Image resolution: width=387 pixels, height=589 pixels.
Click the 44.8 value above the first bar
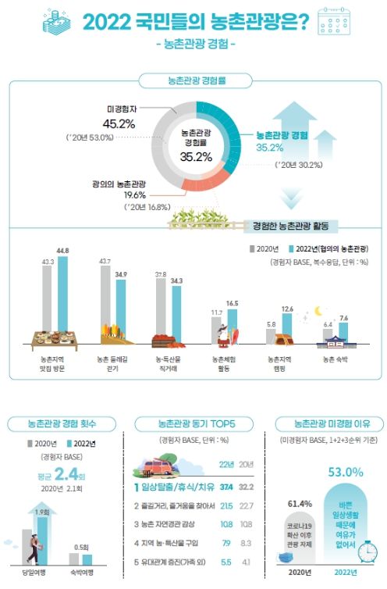62,251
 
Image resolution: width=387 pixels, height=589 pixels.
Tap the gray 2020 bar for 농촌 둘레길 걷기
105,302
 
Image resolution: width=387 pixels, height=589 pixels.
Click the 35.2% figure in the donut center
196,156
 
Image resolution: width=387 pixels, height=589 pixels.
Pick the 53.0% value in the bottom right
328,472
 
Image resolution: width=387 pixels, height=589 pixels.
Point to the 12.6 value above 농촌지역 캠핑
287,309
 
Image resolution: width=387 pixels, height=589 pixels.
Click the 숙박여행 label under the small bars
83,572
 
